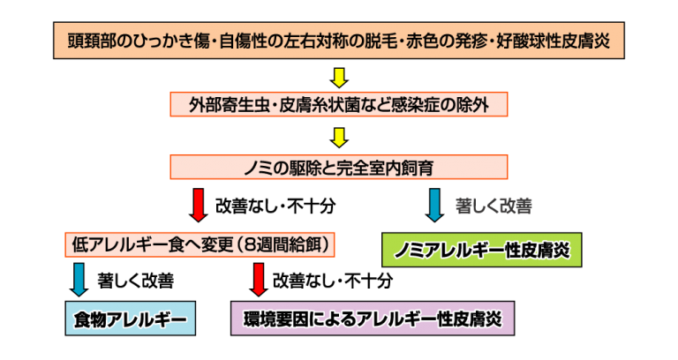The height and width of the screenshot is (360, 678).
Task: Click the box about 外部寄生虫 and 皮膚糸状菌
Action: [x=339, y=105]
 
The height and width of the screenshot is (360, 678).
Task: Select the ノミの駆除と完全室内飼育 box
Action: [x=339, y=166]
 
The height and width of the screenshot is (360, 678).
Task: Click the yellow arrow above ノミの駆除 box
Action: [x=339, y=136]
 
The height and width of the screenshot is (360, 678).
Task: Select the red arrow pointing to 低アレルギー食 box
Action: [x=199, y=205]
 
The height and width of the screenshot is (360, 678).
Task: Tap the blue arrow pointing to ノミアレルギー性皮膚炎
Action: [x=434, y=205]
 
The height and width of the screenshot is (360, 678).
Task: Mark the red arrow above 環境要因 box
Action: [x=259, y=281]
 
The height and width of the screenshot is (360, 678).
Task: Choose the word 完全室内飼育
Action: [x=387, y=166]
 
